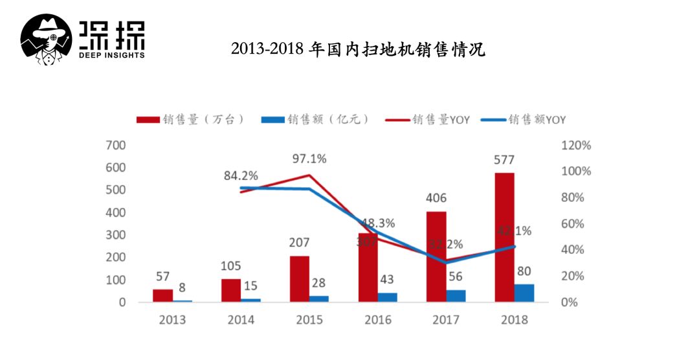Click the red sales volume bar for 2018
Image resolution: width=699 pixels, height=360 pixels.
click(x=504, y=237)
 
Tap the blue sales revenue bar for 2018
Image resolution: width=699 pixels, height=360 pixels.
click(x=524, y=293)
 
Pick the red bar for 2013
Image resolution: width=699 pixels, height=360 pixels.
click(x=163, y=295)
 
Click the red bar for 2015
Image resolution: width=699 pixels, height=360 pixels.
click(x=300, y=279)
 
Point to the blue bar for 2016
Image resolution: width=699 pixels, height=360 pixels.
click(x=388, y=297)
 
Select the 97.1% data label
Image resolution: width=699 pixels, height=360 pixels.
click(x=309, y=159)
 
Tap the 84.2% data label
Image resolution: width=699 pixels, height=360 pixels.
click(x=241, y=175)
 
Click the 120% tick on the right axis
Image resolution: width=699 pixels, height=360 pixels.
click(x=576, y=146)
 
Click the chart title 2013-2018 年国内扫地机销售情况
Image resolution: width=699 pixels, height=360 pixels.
click(x=358, y=50)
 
